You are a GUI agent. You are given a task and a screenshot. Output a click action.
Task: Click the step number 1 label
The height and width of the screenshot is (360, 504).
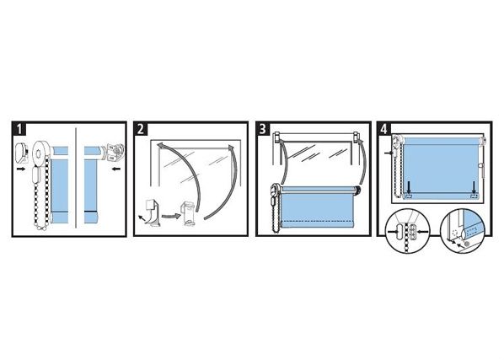[19, 129]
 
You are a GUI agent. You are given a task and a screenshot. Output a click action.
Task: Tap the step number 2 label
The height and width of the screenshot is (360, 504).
[141, 129]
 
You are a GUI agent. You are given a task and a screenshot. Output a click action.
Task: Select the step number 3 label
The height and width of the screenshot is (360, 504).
[263, 129]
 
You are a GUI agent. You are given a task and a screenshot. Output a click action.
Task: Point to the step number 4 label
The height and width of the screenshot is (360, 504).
[384, 129]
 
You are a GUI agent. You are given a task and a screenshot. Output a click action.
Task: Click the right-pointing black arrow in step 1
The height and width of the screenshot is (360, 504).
[21, 169]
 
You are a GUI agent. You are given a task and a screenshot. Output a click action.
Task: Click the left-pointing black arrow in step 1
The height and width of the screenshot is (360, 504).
[116, 169]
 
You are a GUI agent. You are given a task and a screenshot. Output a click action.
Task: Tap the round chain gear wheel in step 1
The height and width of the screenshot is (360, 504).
[41, 153]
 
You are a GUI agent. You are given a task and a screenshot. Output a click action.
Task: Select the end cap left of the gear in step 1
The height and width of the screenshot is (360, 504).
[22, 152]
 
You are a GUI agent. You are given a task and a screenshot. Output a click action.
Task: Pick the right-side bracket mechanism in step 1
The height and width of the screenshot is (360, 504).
[115, 152]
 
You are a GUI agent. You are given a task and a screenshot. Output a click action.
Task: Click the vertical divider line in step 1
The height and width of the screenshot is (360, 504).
[75, 178]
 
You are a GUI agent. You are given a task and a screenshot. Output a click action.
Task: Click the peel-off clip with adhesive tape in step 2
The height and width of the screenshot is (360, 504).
[150, 212]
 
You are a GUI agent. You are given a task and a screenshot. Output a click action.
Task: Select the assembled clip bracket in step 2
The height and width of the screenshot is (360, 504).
[189, 212]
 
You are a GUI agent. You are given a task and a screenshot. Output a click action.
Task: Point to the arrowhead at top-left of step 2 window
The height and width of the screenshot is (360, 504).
[160, 146]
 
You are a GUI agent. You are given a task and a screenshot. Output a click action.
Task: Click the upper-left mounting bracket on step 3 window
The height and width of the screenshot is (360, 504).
[277, 138]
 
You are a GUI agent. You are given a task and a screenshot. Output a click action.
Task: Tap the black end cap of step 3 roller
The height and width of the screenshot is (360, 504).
[357, 191]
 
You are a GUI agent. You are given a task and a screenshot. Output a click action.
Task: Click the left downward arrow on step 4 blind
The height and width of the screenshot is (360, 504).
[408, 187]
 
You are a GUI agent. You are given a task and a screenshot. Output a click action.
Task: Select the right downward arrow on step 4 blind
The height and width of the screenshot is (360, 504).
[475, 187]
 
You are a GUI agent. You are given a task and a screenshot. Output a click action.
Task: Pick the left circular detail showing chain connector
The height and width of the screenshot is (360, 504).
[408, 231]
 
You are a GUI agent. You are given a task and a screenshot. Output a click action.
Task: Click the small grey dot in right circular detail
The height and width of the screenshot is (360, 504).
[468, 244]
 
